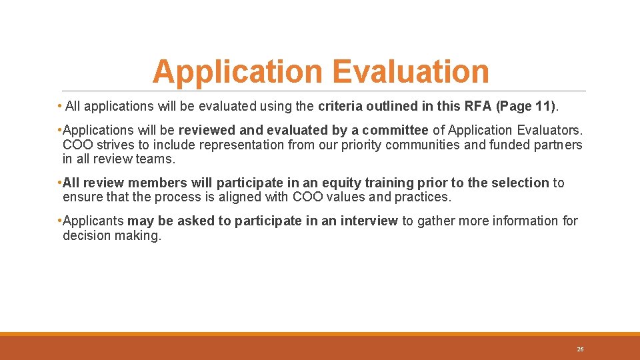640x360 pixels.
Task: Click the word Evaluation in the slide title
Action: [411, 72]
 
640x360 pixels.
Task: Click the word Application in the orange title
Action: [239, 72]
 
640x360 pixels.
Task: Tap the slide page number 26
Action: [580, 349]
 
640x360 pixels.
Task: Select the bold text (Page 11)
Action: [526, 107]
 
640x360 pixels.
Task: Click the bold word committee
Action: [395, 131]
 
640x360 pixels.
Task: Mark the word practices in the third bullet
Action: [417, 197]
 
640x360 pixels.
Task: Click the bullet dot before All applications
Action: [60, 107]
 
